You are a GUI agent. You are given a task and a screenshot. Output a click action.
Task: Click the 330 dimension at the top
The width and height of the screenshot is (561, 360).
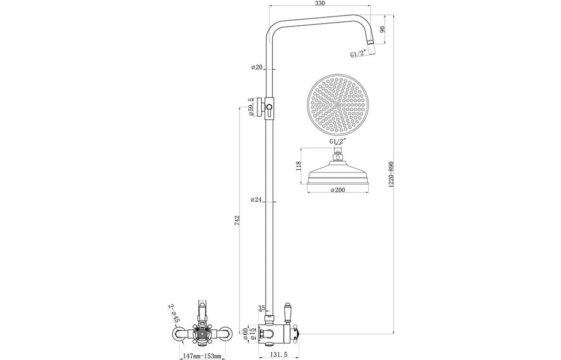tap(320, 4)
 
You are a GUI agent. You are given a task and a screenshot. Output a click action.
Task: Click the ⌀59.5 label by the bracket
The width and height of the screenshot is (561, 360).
tap(250, 107)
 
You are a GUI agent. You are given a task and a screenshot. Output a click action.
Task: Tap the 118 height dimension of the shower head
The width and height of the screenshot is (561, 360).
tap(299, 167)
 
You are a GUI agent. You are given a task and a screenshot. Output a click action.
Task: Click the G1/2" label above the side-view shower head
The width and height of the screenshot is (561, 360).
tap(337, 141)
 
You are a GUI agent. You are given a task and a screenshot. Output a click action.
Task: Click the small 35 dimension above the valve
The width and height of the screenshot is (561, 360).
tap(261, 308)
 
